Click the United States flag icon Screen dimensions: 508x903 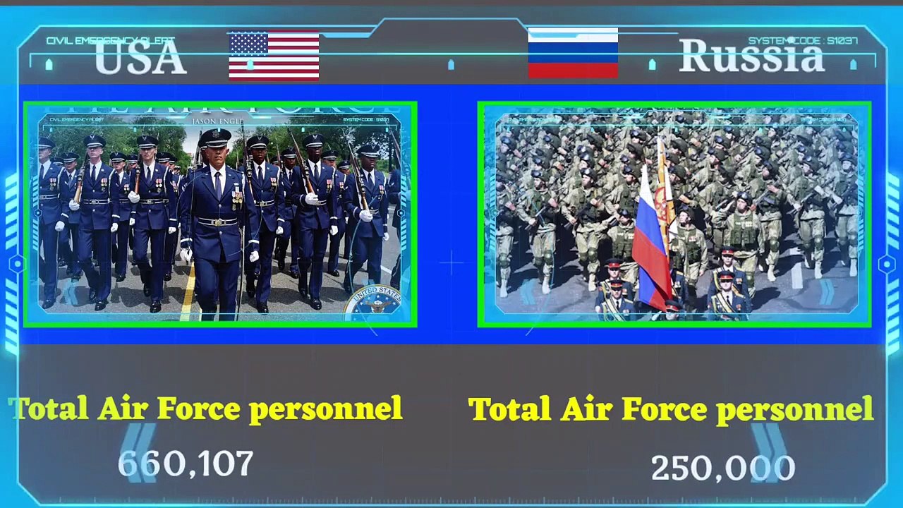(274, 56)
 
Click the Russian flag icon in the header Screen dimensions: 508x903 (573, 53)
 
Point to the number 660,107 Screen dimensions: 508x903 (186, 464)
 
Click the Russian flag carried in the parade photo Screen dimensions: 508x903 (650, 240)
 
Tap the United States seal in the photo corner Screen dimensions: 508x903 (376, 302)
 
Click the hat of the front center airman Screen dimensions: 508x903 (214, 138)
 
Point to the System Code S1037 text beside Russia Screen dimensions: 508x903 (803, 41)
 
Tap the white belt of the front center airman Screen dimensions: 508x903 (217, 222)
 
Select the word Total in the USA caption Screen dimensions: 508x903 (49, 409)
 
